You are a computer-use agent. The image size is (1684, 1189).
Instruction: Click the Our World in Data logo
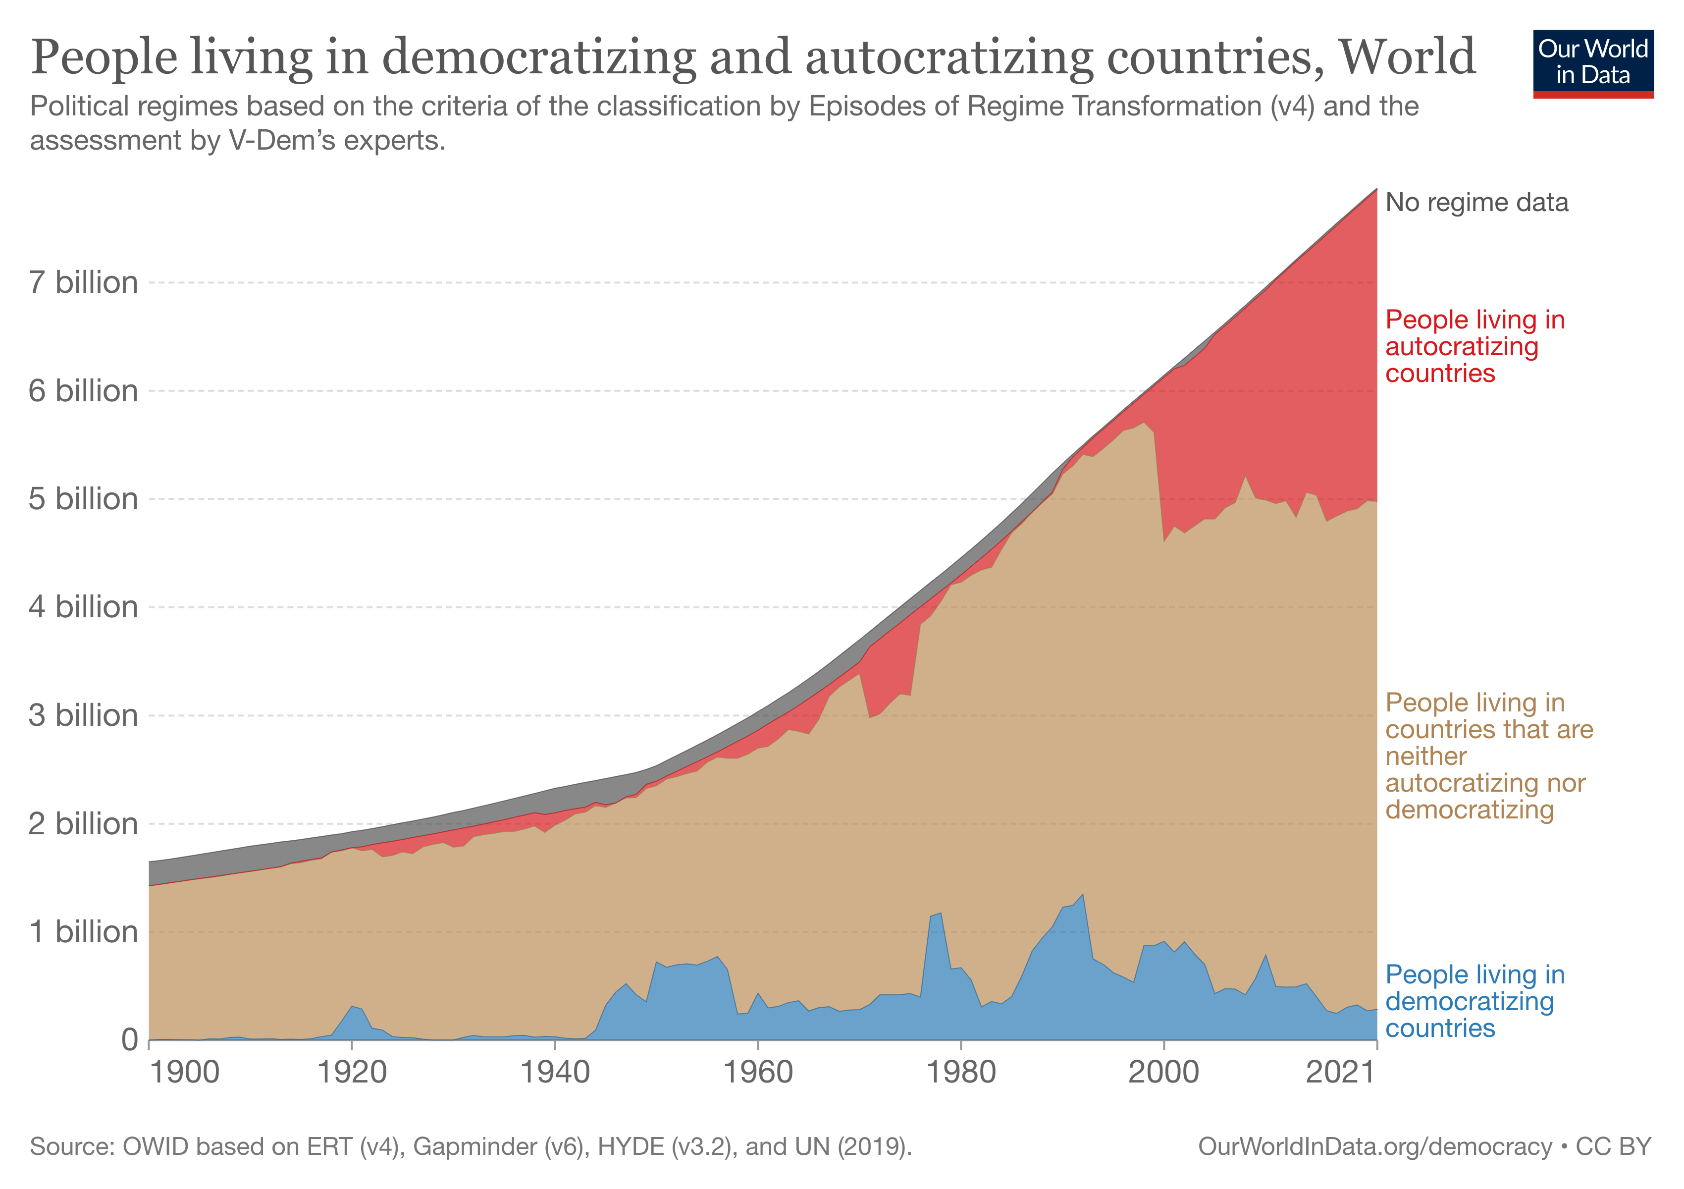point(1592,63)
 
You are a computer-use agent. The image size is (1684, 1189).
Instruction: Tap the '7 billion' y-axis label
point(83,282)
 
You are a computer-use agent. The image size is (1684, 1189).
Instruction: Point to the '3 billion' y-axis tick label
point(83,715)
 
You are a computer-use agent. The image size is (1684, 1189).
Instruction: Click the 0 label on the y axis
point(130,1039)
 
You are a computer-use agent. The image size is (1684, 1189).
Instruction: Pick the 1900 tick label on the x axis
point(184,1073)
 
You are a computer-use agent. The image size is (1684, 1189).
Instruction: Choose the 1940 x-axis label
point(555,1073)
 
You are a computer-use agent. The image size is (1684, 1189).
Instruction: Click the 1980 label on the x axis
point(961,1073)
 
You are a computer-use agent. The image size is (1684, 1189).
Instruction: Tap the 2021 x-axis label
point(1339,1073)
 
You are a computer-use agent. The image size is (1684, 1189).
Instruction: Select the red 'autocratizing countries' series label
point(1474,346)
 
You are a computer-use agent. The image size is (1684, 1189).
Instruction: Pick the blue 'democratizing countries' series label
point(1474,1001)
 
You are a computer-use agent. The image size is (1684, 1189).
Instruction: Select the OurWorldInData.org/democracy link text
point(1374,1146)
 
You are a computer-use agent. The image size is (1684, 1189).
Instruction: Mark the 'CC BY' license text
point(1614,1146)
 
